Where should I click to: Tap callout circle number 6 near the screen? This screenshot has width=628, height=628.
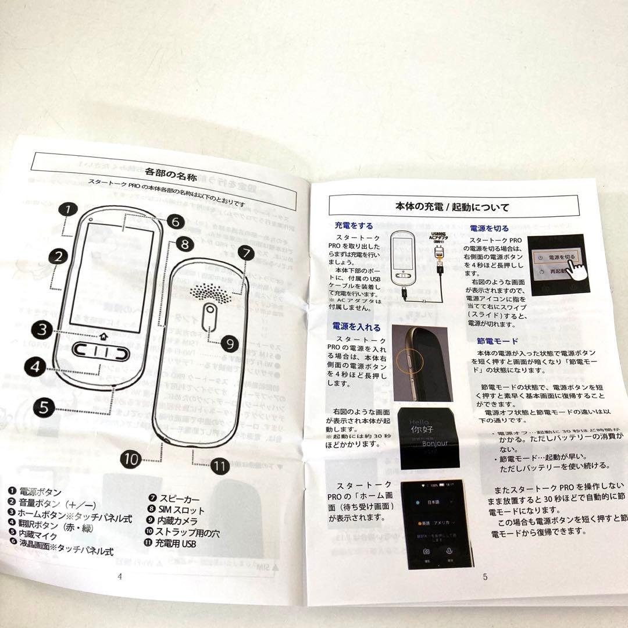click(x=176, y=222)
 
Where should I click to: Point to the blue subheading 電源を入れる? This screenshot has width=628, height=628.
click(x=356, y=327)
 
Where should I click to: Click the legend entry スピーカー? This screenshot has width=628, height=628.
click(x=179, y=498)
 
